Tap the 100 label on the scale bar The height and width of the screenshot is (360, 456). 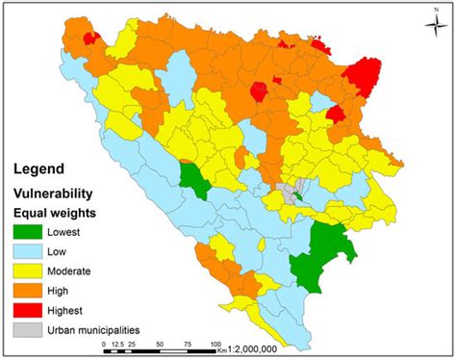coord(216,341)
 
